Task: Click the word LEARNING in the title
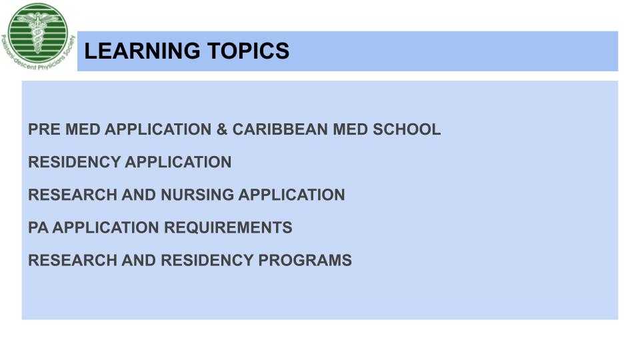coord(141,51)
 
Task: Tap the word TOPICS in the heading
coord(248,51)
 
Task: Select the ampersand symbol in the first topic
coord(222,129)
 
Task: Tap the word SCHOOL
coord(407,129)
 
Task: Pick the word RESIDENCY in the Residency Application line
coord(74,162)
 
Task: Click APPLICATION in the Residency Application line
coord(178,162)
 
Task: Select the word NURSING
coord(197,195)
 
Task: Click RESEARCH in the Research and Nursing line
coord(73,195)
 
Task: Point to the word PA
coord(39,227)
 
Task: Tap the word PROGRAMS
coord(305,260)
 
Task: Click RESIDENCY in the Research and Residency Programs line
coord(207,260)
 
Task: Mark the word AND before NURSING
coord(139,195)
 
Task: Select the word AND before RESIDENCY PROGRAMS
coord(139,260)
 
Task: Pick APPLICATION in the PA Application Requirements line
coord(106,227)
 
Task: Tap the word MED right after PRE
coord(83,129)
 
